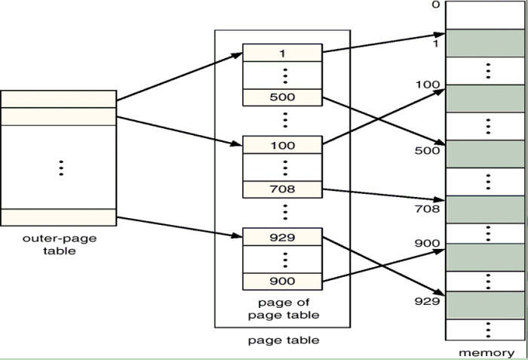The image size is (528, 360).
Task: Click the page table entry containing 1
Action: point(282,53)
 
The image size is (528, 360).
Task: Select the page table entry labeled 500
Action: point(282,97)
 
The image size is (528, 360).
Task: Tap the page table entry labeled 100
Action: point(282,145)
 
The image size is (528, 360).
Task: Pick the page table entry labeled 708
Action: point(282,189)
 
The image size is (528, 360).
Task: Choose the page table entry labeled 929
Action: point(282,237)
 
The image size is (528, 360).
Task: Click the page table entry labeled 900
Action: point(282,282)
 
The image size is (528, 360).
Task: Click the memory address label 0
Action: point(436,5)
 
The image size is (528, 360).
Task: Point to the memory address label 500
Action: point(427,150)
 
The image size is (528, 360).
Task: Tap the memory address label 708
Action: point(427,209)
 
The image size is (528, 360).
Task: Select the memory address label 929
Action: point(427,301)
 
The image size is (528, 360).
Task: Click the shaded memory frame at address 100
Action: point(485,98)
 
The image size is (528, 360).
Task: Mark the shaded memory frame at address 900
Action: point(485,257)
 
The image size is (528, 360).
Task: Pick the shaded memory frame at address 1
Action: point(485,43)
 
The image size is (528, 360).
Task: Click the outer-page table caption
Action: point(60,245)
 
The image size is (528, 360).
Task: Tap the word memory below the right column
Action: point(487,353)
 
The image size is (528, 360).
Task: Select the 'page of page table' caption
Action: point(284,309)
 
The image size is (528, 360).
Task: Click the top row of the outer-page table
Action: point(59,99)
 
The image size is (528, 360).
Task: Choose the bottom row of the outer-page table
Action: point(59,217)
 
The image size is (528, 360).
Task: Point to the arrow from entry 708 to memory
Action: point(384,195)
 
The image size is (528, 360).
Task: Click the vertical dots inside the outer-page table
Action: point(61,168)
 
